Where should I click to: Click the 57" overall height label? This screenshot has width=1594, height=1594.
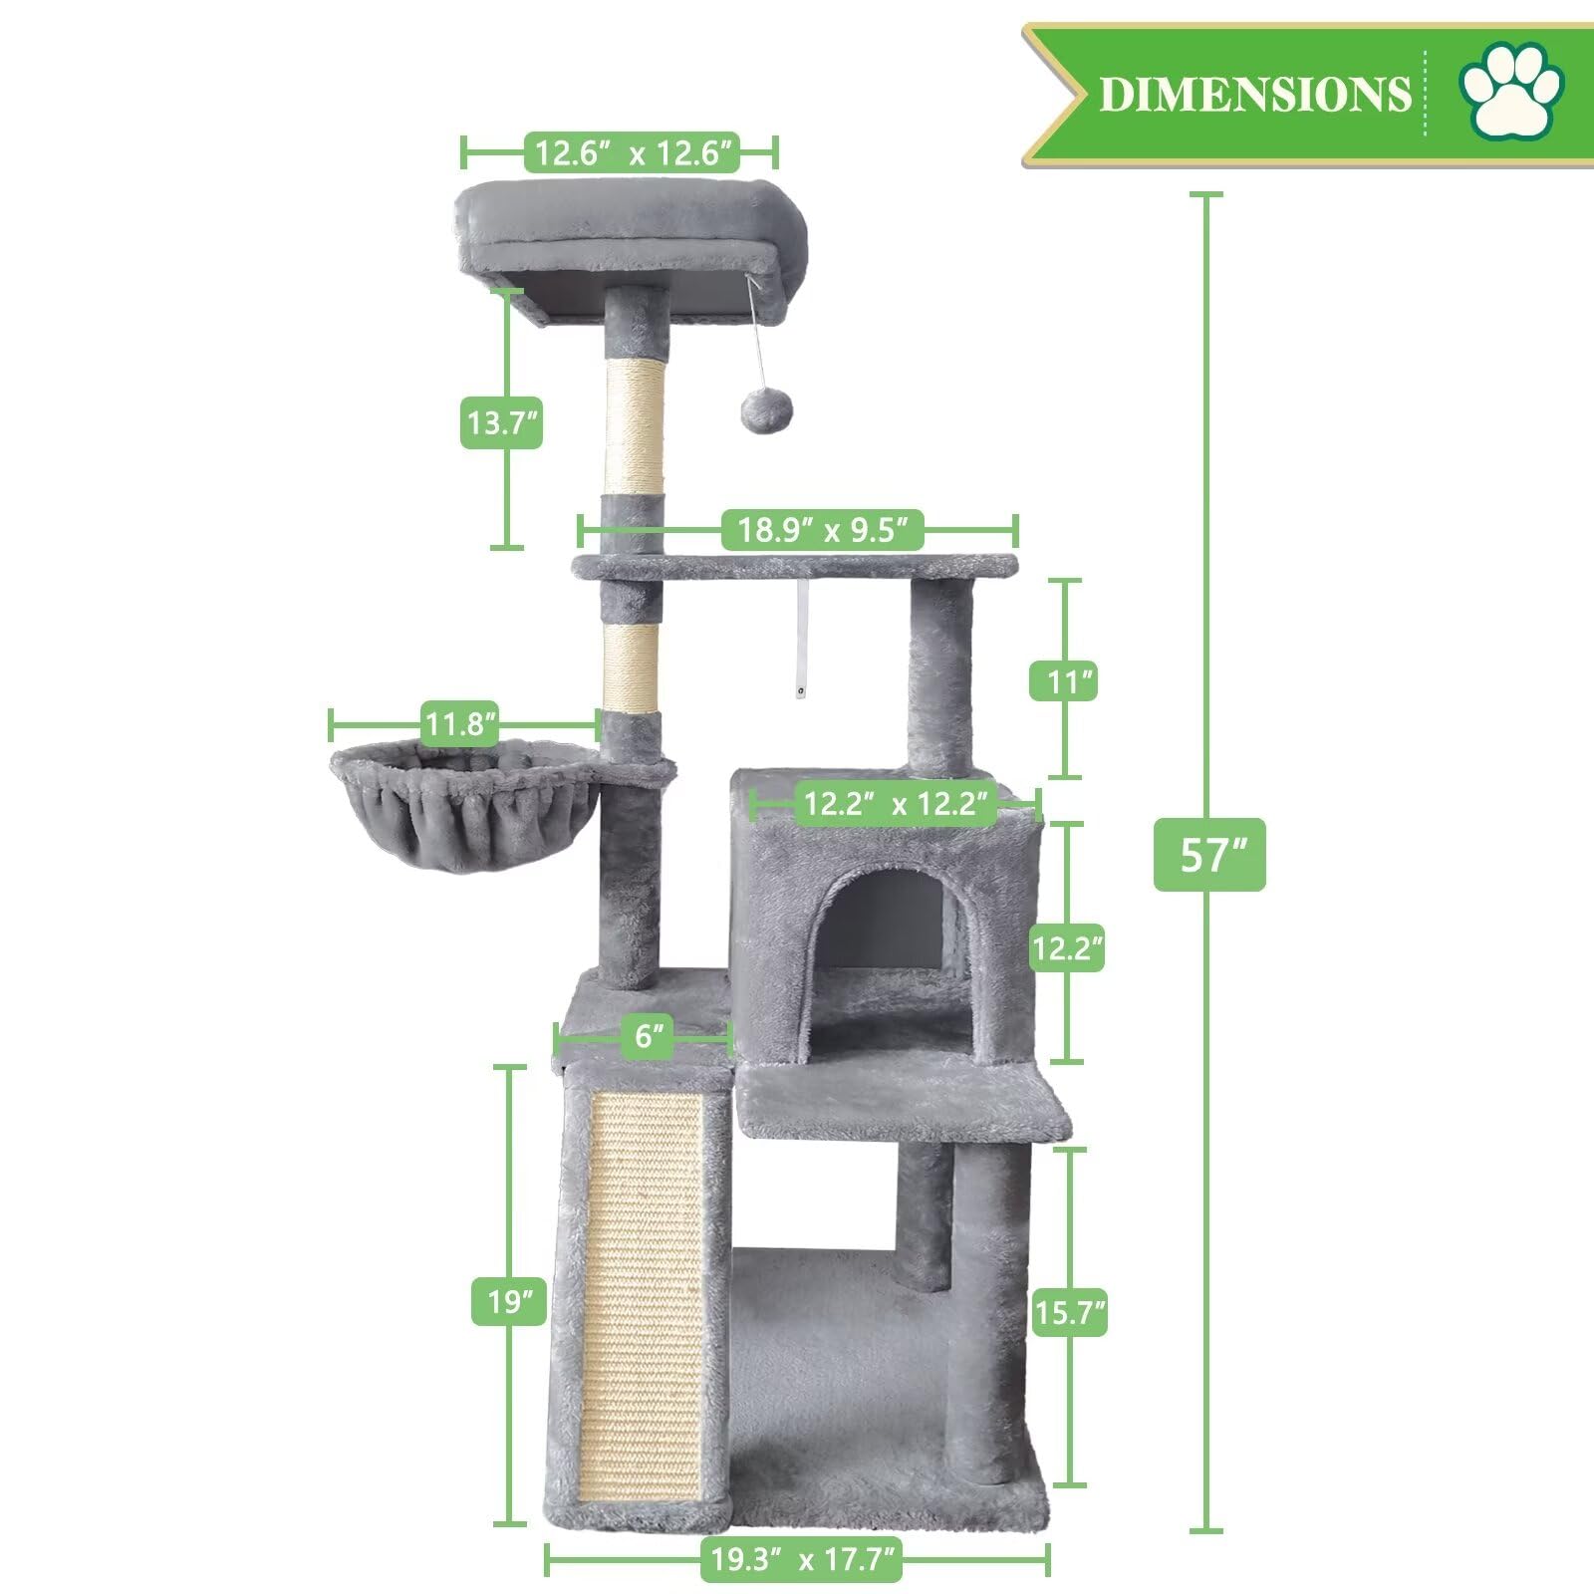1209,855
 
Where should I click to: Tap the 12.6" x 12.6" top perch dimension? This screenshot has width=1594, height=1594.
634,153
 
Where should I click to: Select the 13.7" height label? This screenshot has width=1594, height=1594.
501,422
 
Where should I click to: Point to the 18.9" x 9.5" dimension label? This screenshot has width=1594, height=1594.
824,529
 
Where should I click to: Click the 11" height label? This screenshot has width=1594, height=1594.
1064,682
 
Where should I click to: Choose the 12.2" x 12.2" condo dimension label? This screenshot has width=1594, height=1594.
896,803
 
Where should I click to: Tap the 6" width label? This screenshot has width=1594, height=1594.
648,1036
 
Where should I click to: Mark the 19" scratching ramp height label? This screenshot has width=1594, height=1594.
508,1302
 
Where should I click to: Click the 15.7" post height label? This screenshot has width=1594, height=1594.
1070,1313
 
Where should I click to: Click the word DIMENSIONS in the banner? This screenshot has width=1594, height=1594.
1255,95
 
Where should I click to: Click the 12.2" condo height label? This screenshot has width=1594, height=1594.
1067,947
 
